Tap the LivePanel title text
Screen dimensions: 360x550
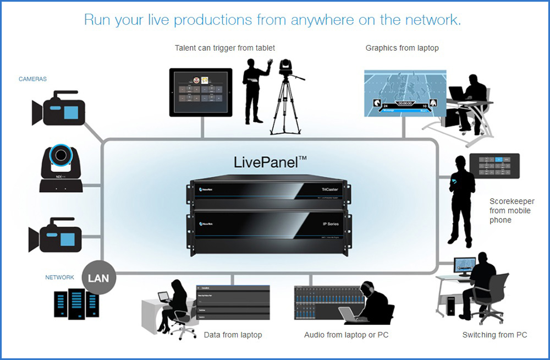(270, 162)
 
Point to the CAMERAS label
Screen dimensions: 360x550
(32, 79)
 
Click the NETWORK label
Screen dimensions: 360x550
(59, 277)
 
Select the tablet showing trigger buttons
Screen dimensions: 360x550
(201, 92)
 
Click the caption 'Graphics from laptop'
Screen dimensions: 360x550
(402, 48)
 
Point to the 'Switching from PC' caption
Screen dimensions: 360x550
(494, 335)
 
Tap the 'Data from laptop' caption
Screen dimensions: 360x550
(233, 335)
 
